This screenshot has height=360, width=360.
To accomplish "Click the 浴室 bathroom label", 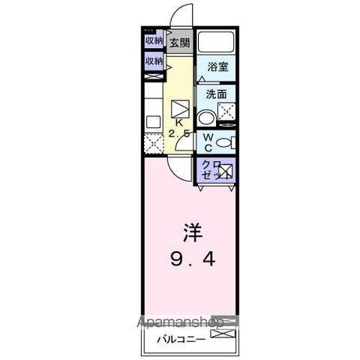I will pyautogui.click(x=217, y=67).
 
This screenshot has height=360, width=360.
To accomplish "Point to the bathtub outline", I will pyautogui.click(x=217, y=42).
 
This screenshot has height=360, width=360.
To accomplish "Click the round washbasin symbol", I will pyautogui.click(x=205, y=117).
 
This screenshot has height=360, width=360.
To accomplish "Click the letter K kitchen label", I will pyautogui.click(x=179, y=122).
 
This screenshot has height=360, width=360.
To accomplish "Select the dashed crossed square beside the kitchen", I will pyautogui.click(x=153, y=141).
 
